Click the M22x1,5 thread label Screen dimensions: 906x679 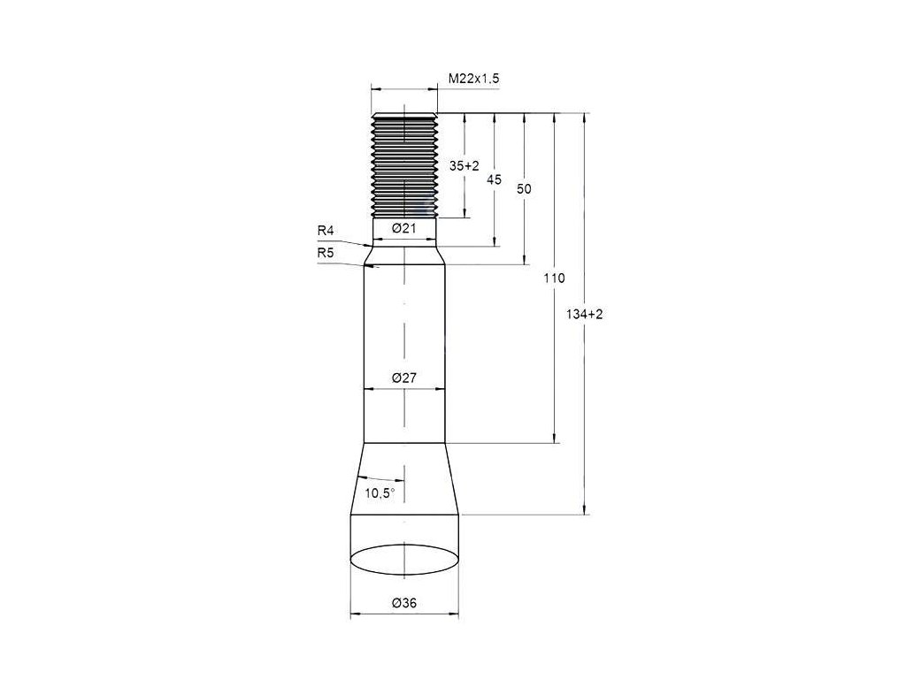(474, 79)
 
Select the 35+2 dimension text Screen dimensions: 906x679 (465, 166)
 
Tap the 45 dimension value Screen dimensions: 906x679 (494, 180)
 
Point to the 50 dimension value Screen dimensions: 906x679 (524, 189)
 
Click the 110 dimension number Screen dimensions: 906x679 (554, 278)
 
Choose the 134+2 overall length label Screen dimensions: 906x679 (584, 315)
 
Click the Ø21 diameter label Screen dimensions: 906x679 (404, 228)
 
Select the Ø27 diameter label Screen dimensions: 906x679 (403, 378)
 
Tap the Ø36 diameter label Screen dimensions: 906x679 (403, 603)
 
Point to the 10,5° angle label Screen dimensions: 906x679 (380, 493)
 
